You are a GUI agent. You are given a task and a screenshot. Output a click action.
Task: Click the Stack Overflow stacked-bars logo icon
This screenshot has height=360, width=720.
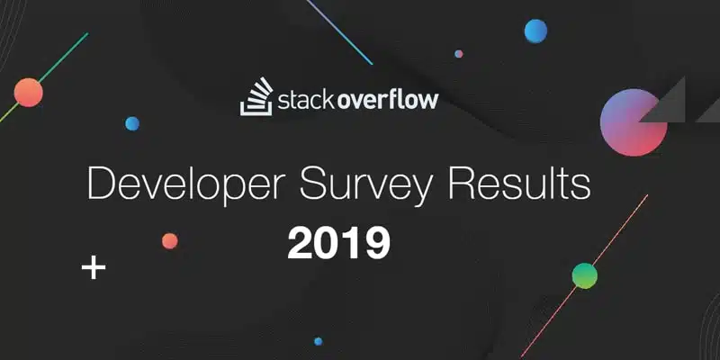click(256, 97)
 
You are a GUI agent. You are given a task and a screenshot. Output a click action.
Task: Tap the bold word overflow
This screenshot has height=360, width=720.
click(389, 100)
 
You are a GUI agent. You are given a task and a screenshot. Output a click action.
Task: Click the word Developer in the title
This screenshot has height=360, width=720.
click(189, 185)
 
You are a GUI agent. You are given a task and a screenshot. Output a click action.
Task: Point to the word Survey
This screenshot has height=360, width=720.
click(366, 185)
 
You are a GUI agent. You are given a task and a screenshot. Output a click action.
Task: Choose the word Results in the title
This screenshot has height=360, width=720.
click(519, 184)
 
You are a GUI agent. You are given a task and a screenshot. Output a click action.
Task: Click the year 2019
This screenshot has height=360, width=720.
click(339, 242)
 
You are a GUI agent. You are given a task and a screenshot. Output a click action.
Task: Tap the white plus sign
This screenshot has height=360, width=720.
click(94, 266)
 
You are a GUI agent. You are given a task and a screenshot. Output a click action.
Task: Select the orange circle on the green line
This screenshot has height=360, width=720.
click(29, 93)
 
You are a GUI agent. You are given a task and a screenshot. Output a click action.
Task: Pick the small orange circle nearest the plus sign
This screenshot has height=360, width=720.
click(170, 241)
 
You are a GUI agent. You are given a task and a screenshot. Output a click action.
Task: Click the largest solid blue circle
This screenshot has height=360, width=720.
click(535, 31)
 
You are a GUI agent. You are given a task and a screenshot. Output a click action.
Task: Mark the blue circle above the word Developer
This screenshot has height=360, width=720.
click(132, 123)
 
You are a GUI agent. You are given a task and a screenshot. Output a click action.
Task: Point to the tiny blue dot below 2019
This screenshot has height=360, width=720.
click(319, 341)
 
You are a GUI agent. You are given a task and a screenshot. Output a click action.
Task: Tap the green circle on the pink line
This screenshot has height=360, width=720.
click(584, 276)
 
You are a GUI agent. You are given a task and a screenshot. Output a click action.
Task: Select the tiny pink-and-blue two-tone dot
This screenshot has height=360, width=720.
click(459, 54)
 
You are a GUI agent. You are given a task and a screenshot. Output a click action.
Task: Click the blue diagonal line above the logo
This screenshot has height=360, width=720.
click(339, 32)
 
